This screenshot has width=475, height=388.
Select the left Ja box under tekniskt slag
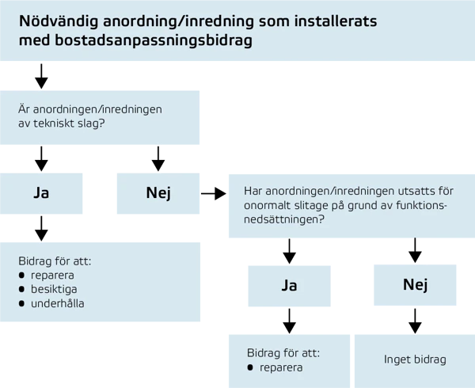click(41, 192)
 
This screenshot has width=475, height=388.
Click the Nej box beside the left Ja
click(158, 192)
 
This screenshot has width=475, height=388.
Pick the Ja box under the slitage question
click(289, 286)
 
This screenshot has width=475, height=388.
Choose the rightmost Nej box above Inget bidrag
click(415, 284)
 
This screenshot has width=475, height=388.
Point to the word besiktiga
click(54, 289)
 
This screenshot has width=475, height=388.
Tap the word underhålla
click(57, 303)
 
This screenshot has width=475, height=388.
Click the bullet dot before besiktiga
click(22, 289)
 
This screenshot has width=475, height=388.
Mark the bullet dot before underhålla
click(22, 303)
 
